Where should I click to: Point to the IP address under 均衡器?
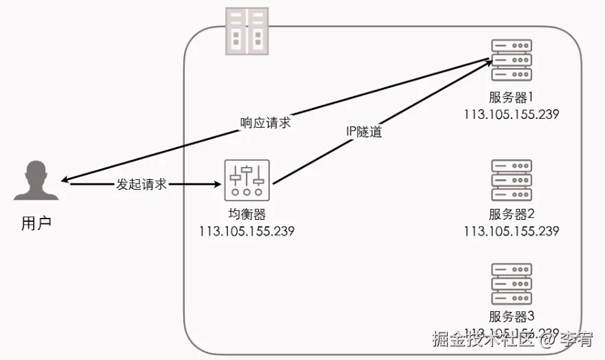[247, 231]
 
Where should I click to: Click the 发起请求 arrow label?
[142, 184]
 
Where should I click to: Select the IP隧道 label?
[364, 131]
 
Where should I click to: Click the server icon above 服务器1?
[512, 61]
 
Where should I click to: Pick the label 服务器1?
[512, 98]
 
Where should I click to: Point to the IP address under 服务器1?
[512, 114]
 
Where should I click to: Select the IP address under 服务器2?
[512, 231]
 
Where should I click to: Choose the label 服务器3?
[512, 317]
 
